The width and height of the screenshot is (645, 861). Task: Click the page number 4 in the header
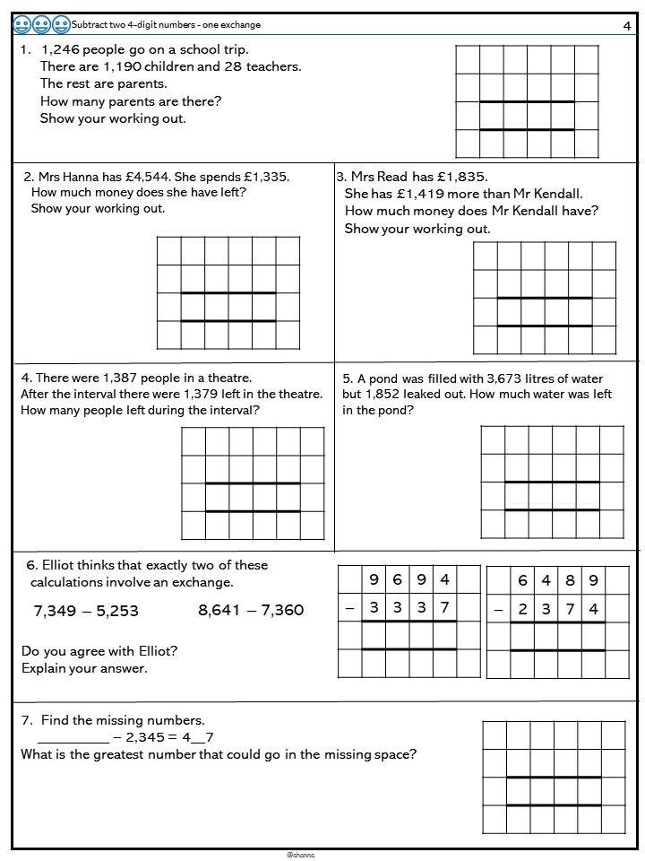point(626,26)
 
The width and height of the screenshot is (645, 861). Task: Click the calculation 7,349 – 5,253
point(86,611)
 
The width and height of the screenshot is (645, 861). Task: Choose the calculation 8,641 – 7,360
point(251,611)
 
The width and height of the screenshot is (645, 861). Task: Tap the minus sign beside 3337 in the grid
point(349,608)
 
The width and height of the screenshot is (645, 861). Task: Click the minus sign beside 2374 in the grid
point(498,608)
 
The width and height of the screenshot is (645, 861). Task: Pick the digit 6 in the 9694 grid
point(398,580)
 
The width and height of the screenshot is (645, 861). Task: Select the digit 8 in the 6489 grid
point(571,580)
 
